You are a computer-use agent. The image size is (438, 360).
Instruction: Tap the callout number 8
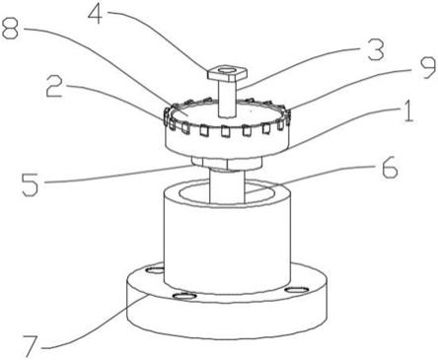(x=12, y=28)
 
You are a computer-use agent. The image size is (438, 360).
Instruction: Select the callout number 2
(x=54, y=86)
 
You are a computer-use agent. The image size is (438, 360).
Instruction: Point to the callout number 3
(x=376, y=50)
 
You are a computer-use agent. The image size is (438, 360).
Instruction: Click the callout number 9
(x=427, y=67)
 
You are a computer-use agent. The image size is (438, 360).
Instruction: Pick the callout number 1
(x=408, y=111)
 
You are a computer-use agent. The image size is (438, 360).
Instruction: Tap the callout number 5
(x=31, y=184)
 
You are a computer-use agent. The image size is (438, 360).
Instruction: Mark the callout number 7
(x=32, y=346)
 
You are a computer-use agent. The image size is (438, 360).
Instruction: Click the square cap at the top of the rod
(x=227, y=74)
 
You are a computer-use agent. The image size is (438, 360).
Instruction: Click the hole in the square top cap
(x=227, y=70)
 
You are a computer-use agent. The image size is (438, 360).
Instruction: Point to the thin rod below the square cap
(x=227, y=100)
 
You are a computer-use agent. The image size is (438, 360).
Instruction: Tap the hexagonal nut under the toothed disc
(x=227, y=162)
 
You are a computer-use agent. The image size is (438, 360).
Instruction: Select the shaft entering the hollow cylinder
(x=227, y=185)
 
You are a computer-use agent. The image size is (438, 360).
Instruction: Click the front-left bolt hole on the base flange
(x=184, y=297)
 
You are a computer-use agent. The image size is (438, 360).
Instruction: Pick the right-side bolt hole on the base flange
(x=296, y=290)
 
